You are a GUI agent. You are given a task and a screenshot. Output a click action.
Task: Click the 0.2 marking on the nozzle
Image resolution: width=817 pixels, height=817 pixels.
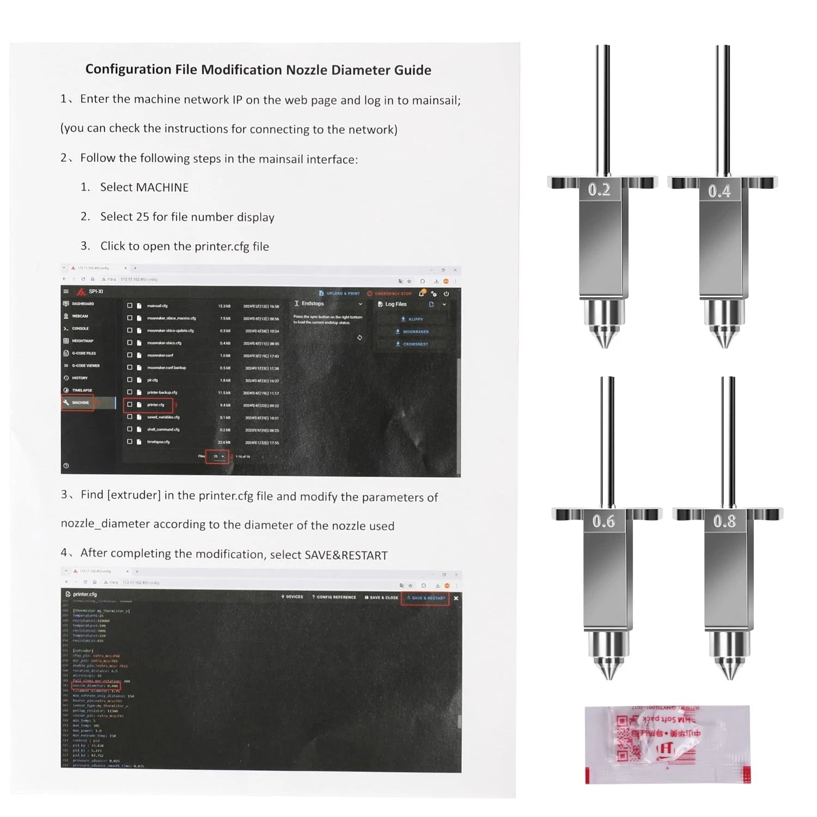599,190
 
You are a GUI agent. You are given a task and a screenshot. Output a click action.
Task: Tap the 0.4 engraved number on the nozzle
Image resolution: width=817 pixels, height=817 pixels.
719,191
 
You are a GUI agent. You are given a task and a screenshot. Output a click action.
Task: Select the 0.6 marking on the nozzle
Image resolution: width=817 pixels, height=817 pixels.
603,521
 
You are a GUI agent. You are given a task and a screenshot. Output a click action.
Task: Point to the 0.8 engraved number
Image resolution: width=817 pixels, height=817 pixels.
724,521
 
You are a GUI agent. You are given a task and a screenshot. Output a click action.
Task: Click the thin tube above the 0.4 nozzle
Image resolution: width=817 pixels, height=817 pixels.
723,109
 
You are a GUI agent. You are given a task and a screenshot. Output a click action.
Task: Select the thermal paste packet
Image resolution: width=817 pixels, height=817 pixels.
667,745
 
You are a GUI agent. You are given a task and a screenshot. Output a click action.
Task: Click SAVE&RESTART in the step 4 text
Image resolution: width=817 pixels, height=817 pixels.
346,555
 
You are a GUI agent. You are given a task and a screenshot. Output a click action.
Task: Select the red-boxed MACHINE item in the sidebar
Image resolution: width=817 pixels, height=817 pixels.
80,403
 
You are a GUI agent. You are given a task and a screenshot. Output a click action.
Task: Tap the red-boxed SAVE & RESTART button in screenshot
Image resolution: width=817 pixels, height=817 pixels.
425,597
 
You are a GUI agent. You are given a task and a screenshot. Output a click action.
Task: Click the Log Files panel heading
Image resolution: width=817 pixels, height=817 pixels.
395,304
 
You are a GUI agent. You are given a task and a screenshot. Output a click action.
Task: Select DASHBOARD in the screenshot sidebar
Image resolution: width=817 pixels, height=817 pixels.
83,303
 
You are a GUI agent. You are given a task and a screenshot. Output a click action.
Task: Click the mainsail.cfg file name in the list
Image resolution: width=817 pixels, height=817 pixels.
157,306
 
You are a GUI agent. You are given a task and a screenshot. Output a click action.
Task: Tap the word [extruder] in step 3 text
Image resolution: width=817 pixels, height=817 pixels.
134,495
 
